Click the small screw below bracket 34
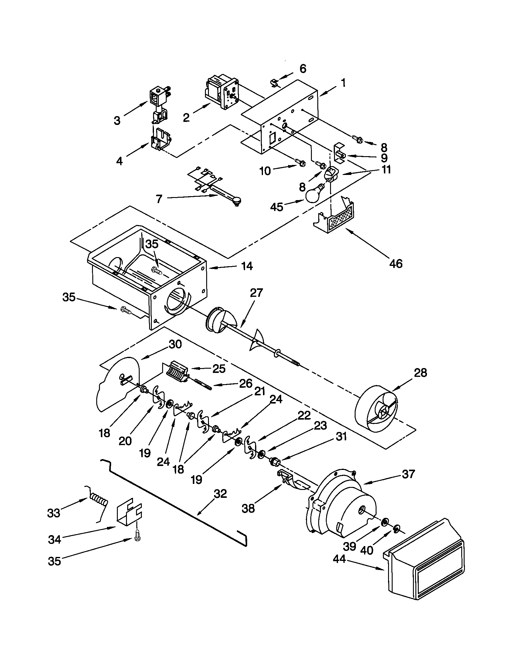[137, 538]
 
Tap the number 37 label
[408, 474]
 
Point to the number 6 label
[302, 69]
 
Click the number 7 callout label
[159, 199]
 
